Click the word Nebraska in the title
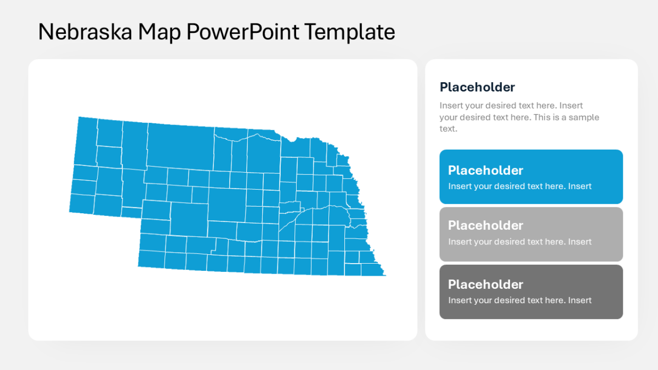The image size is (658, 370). [x=85, y=32]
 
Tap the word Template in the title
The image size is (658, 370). [x=349, y=32]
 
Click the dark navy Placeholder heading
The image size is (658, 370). [x=477, y=87]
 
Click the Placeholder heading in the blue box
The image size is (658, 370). [x=485, y=170]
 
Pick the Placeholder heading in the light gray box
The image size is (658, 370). [x=485, y=225]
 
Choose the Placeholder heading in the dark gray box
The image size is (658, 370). [x=485, y=284]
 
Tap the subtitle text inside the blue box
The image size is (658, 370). [x=520, y=186]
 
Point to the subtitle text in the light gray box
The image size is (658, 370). [x=520, y=242]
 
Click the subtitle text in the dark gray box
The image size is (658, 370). [x=520, y=300]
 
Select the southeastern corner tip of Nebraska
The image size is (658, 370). [x=384, y=274]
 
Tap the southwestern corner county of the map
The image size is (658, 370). [x=151, y=259]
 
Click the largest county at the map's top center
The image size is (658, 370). [x=180, y=145]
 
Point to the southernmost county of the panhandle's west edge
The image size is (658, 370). [x=81, y=202]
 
